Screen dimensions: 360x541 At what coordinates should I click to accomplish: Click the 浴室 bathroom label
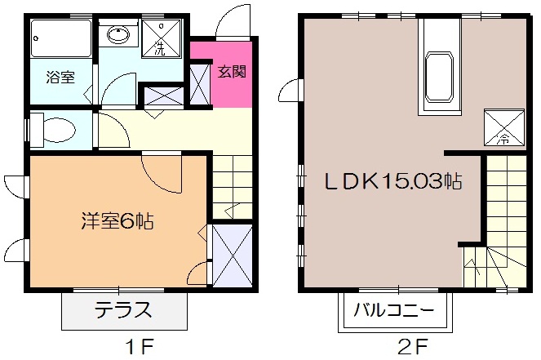60,78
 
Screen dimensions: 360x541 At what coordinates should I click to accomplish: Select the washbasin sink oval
118,35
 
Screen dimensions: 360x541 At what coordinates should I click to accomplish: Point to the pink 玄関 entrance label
230,71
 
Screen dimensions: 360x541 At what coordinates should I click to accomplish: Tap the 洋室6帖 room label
118,220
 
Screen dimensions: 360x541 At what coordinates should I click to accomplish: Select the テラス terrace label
124,311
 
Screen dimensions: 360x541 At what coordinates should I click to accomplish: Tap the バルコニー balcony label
395,311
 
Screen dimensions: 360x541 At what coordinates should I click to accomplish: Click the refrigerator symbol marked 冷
499,127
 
